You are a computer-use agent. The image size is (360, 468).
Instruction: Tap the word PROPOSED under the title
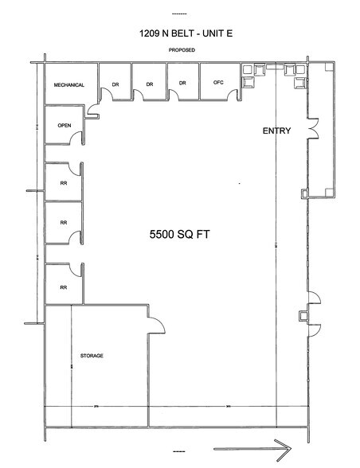tap(182, 50)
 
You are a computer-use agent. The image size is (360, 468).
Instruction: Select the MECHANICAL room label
tap(69, 84)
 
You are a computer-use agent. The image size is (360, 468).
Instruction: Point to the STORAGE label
tap(94, 355)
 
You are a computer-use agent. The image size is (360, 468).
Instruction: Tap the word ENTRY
tap(275, 131)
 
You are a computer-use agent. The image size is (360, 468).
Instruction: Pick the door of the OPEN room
tap(79, 138)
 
